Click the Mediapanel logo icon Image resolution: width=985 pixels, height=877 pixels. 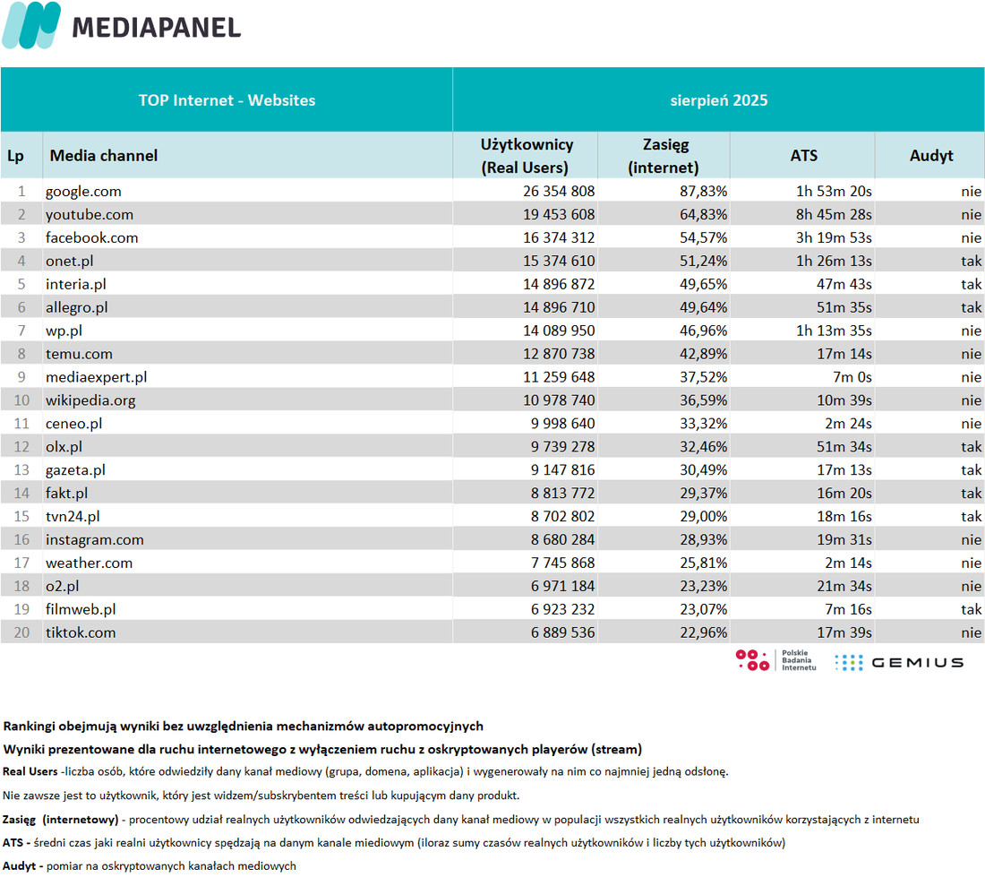tap(31, 25)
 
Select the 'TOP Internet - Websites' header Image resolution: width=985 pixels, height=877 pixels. tap(227, 100)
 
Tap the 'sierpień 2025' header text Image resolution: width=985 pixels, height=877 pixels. tap(719, 100)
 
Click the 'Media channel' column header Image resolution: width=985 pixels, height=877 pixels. tap(104, 156)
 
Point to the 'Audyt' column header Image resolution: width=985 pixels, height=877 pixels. tap(931, 156)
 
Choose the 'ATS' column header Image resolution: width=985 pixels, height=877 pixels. tap(803, 156)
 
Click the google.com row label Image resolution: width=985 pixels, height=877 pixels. tap(83, 192)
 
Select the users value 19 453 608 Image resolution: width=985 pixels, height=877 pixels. tap(559, 215)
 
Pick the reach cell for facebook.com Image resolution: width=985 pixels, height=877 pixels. tap(703, 238)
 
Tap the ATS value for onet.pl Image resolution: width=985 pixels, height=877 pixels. tap(834, 262)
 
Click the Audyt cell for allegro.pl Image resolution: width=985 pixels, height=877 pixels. tap(972, 308)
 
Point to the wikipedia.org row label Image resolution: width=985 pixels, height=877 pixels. tap(90, 400)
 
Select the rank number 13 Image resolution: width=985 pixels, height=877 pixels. tap(22, 470)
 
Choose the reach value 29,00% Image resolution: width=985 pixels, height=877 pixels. tap(703, 517)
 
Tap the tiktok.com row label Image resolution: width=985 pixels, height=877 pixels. tap(81, 633)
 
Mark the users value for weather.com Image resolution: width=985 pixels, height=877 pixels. tap(562, 563)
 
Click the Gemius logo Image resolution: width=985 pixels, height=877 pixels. tap(899, 663)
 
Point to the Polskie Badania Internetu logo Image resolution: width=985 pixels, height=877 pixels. tap(775, 660)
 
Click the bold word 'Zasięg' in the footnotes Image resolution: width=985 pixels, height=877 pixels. tap(19, 821)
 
